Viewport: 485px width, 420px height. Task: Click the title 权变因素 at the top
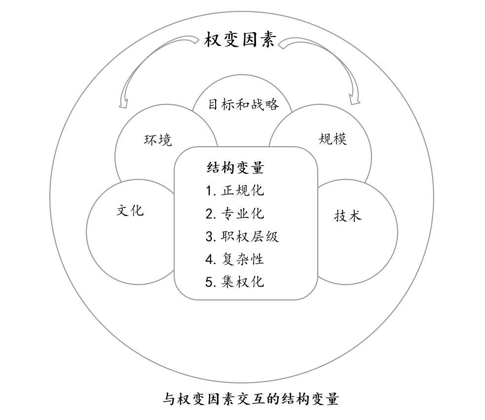[x=240, y=40]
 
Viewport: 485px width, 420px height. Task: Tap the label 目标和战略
[x=243, y=105]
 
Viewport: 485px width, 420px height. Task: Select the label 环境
[x=158, y=140]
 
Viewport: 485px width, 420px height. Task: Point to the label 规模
[x=333, y=139]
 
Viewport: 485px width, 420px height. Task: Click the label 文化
[x=130, y=210]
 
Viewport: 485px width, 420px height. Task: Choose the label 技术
[x=348, y=215]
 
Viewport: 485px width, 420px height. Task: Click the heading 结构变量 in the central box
[x=235, y=168]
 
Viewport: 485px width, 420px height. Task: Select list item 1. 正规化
[x=235, y=191]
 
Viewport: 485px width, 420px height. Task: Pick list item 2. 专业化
[x=235, y=213]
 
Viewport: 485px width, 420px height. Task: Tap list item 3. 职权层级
[x=242, y=236]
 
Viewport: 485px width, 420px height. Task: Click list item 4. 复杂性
[x=235, y=259]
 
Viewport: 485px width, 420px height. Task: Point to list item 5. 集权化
[x=235, y=282]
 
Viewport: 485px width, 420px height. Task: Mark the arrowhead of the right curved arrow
[x=354, y=100]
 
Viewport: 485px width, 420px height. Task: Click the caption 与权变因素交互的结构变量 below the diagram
[x=251, y=398]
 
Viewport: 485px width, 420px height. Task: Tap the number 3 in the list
[x=209, y=237]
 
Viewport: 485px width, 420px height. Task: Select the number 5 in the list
[x=209, y=282]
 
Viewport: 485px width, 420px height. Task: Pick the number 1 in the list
[x=209, y=191]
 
